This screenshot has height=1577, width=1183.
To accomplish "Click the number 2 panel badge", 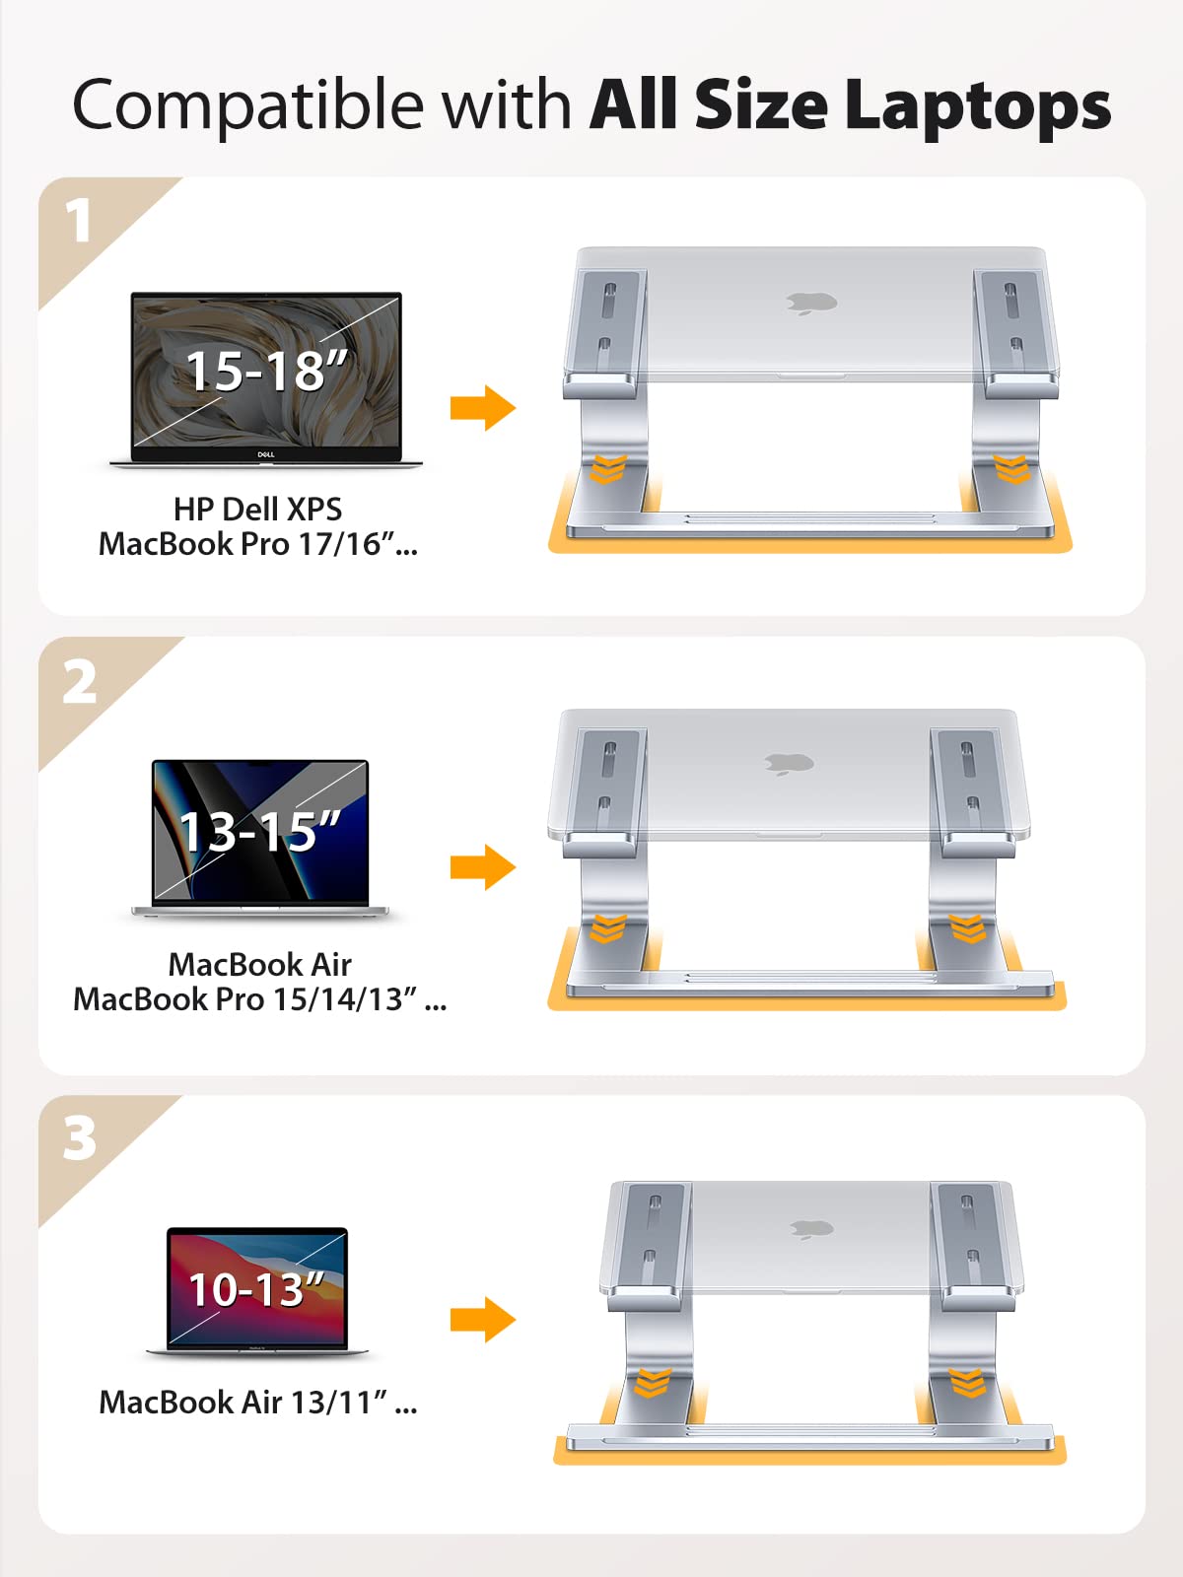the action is coord(79,682).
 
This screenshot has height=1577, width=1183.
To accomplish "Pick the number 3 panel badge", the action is coord(79,1138).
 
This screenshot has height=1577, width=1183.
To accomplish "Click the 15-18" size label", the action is coord(266,371).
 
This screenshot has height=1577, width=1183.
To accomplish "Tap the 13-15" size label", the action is coord(259,831).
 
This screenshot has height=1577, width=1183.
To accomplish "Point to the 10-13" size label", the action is coord(256,1289).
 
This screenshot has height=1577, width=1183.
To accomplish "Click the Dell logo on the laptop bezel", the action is coord(266,454).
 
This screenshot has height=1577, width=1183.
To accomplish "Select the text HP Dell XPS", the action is coord(258,510).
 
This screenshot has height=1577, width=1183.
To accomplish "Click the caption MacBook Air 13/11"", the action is coord(258,1402).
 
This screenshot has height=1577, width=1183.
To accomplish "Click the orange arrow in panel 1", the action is coord(483,408).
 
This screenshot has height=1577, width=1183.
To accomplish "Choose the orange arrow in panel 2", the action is coord(483,867).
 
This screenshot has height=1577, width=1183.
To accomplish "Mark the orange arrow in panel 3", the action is coord(483,1320).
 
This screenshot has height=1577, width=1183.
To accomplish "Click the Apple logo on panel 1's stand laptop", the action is coord(811,304).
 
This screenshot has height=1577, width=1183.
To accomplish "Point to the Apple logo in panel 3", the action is coord(811,1229).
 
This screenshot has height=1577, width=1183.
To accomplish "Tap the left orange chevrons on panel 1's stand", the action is coord(608,468).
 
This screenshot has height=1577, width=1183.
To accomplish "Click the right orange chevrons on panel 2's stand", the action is coord(967,927).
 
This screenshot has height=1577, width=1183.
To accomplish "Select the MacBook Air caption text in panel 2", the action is coord(259,964).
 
